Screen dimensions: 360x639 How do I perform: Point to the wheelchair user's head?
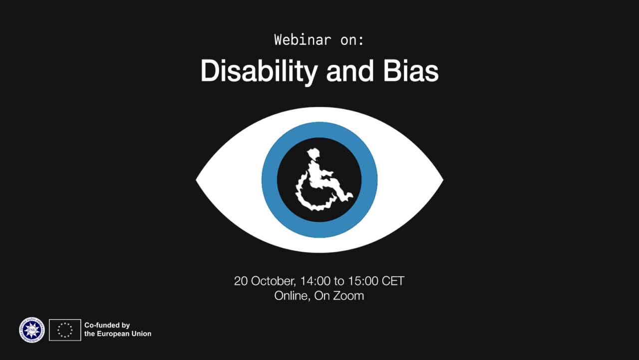pyautogui.click(x=314, y=153)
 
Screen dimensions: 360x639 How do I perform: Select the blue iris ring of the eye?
pyautogui.click(x=270, y=180)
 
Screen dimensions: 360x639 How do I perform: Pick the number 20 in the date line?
pyautogui.click(x=241, y=281)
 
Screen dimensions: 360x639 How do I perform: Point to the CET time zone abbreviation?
pyautogui.click(x=393, y=281)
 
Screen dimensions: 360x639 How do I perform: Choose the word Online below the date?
pyautogui.click(x=292, y=296)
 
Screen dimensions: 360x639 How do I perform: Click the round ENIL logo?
pyautogui.click(x=32, y=330)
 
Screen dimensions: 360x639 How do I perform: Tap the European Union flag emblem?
pyautogui.click(x=65, y=330)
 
